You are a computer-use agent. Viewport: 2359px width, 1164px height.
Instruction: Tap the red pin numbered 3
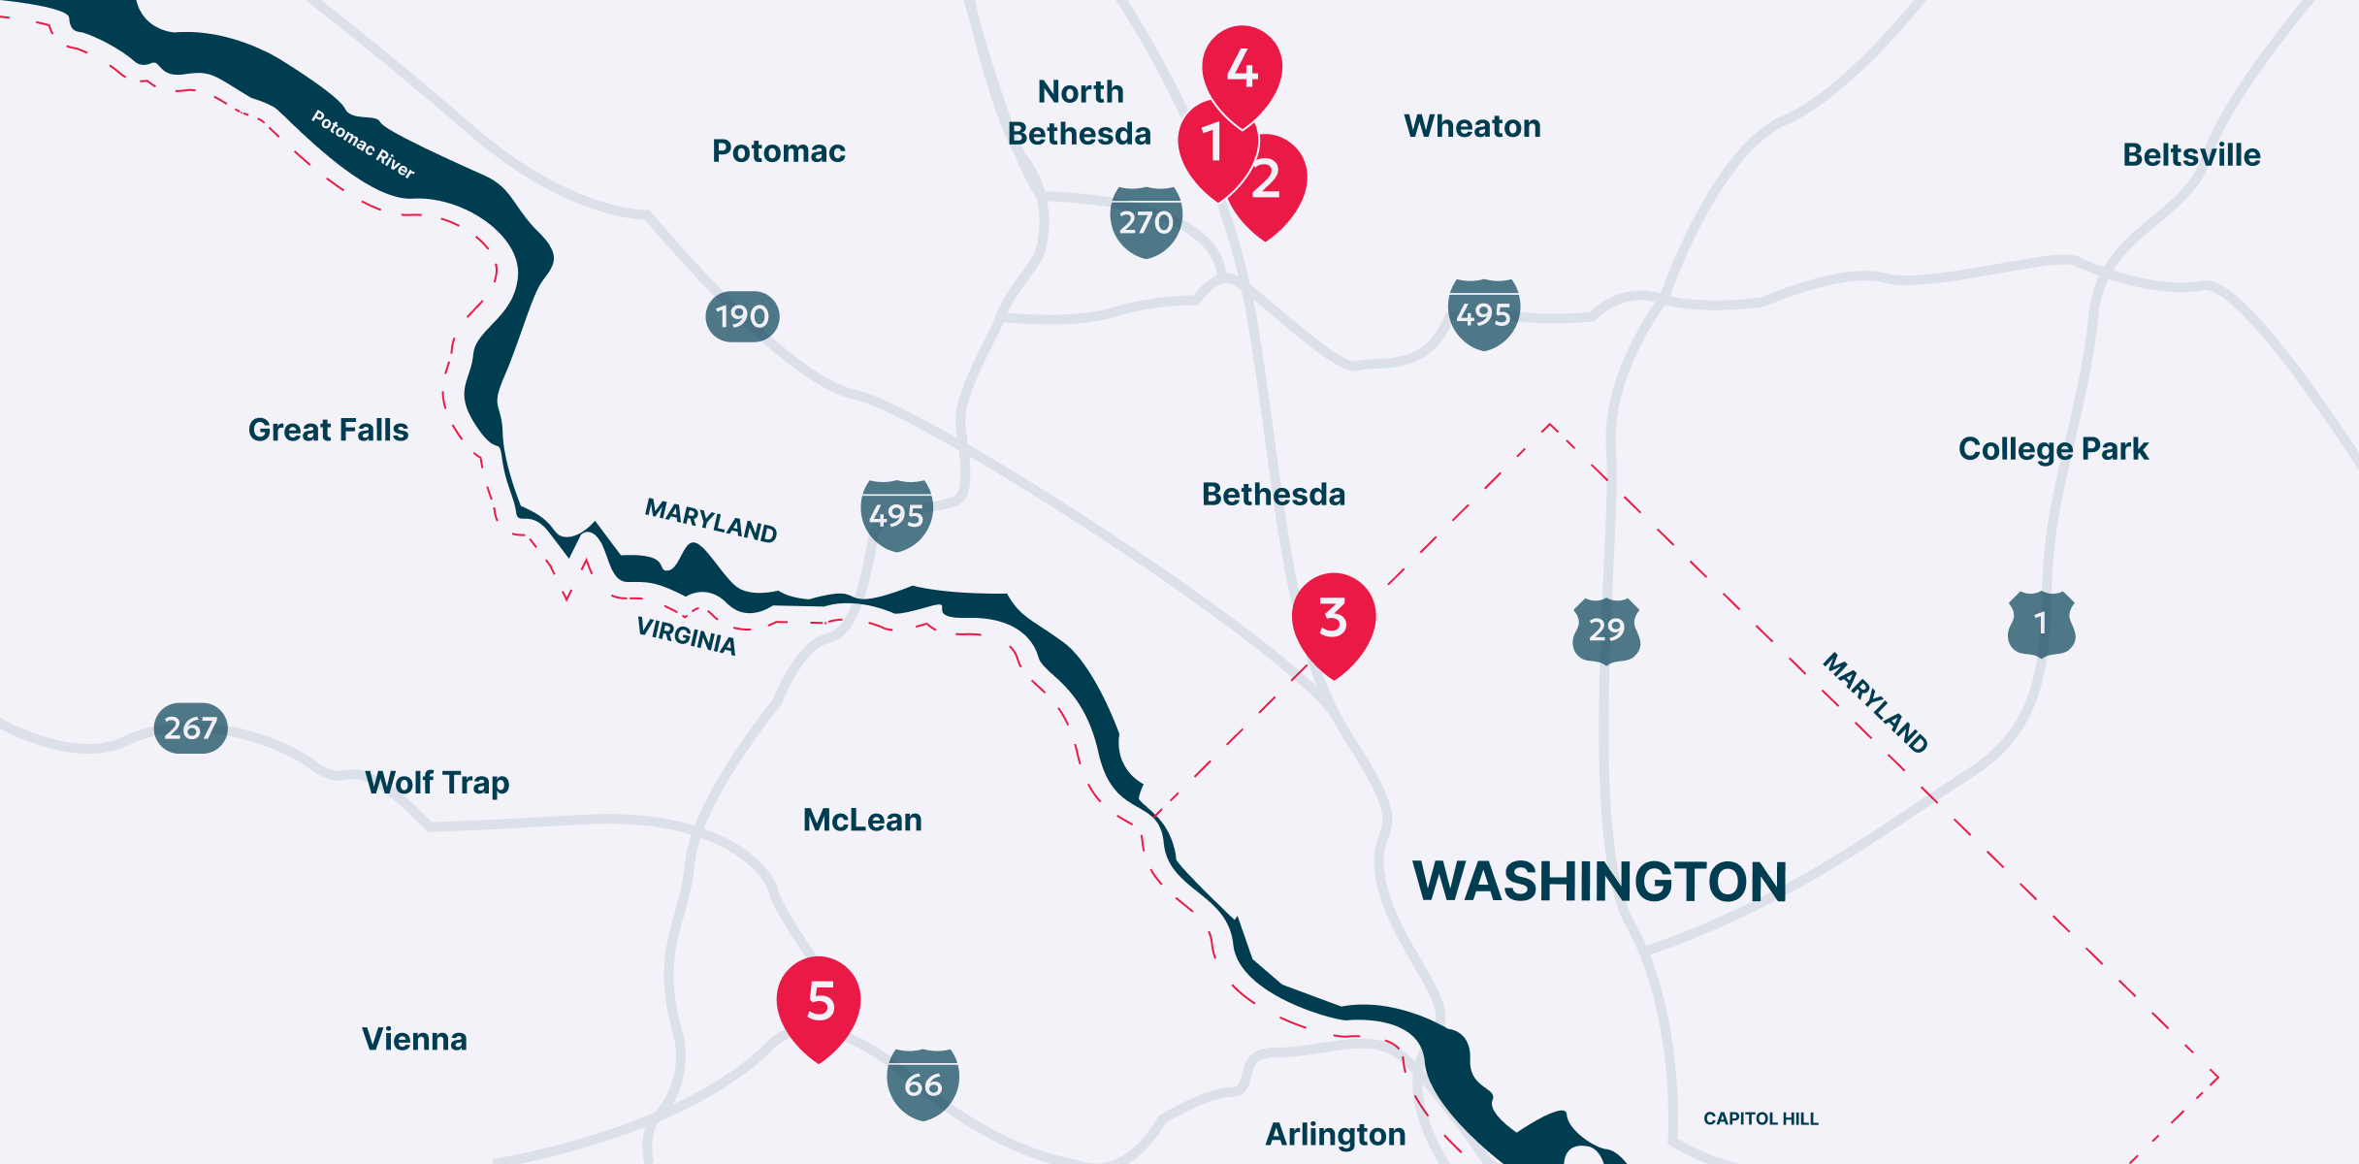coord(1334,619)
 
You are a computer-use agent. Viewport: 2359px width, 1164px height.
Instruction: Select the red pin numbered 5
coord(820,1002)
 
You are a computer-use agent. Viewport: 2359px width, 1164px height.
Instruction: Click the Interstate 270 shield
coord(1146,222)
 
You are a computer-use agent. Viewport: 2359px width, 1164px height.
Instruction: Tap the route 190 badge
coord(742,316)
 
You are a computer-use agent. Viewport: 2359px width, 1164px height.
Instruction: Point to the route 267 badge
coord(191,727)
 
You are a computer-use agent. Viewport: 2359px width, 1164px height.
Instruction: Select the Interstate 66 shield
coord(922,1083)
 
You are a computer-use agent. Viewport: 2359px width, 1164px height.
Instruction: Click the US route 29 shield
coord(1606,630)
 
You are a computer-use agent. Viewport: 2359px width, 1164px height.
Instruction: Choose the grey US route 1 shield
coord(2041,623)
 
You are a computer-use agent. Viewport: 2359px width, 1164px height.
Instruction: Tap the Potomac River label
coord(363,145)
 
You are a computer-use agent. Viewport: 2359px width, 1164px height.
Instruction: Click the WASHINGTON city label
coord(1600,882)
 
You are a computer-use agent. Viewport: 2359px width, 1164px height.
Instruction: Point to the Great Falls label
coord(328,430)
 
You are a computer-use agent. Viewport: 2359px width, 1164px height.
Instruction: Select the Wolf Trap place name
coord(436,783)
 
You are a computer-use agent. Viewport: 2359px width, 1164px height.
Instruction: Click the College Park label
coord(2053,449)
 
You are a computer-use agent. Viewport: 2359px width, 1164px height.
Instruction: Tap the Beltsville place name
coord(2191,155)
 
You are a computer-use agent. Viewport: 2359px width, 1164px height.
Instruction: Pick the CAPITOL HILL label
coord(1761,1118)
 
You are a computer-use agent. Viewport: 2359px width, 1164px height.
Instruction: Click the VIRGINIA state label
coord(686,636)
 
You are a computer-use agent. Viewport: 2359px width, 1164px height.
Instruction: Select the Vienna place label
coord(414,1039)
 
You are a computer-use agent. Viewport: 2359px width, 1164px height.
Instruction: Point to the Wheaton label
coord(1471,126)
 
